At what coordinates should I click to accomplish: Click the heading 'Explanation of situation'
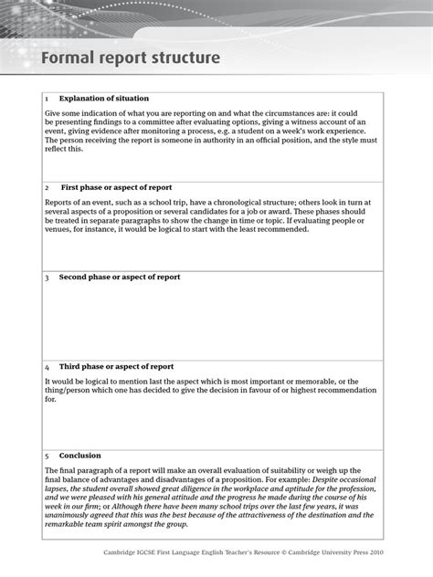[x=104, y=98]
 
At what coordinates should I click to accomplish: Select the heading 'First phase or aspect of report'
[x=116, y=187]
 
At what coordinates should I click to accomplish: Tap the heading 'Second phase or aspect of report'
[x=120, y=277]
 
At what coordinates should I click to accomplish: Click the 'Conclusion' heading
[x=80, y=455]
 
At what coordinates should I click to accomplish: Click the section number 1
[x=47, y=98]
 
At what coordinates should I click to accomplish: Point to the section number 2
[x=47, y=187]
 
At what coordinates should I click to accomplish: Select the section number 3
[x=47, y=277]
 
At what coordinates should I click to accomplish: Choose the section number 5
[x=47, y=455]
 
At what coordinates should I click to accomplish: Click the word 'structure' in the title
[x=186, y=59]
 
